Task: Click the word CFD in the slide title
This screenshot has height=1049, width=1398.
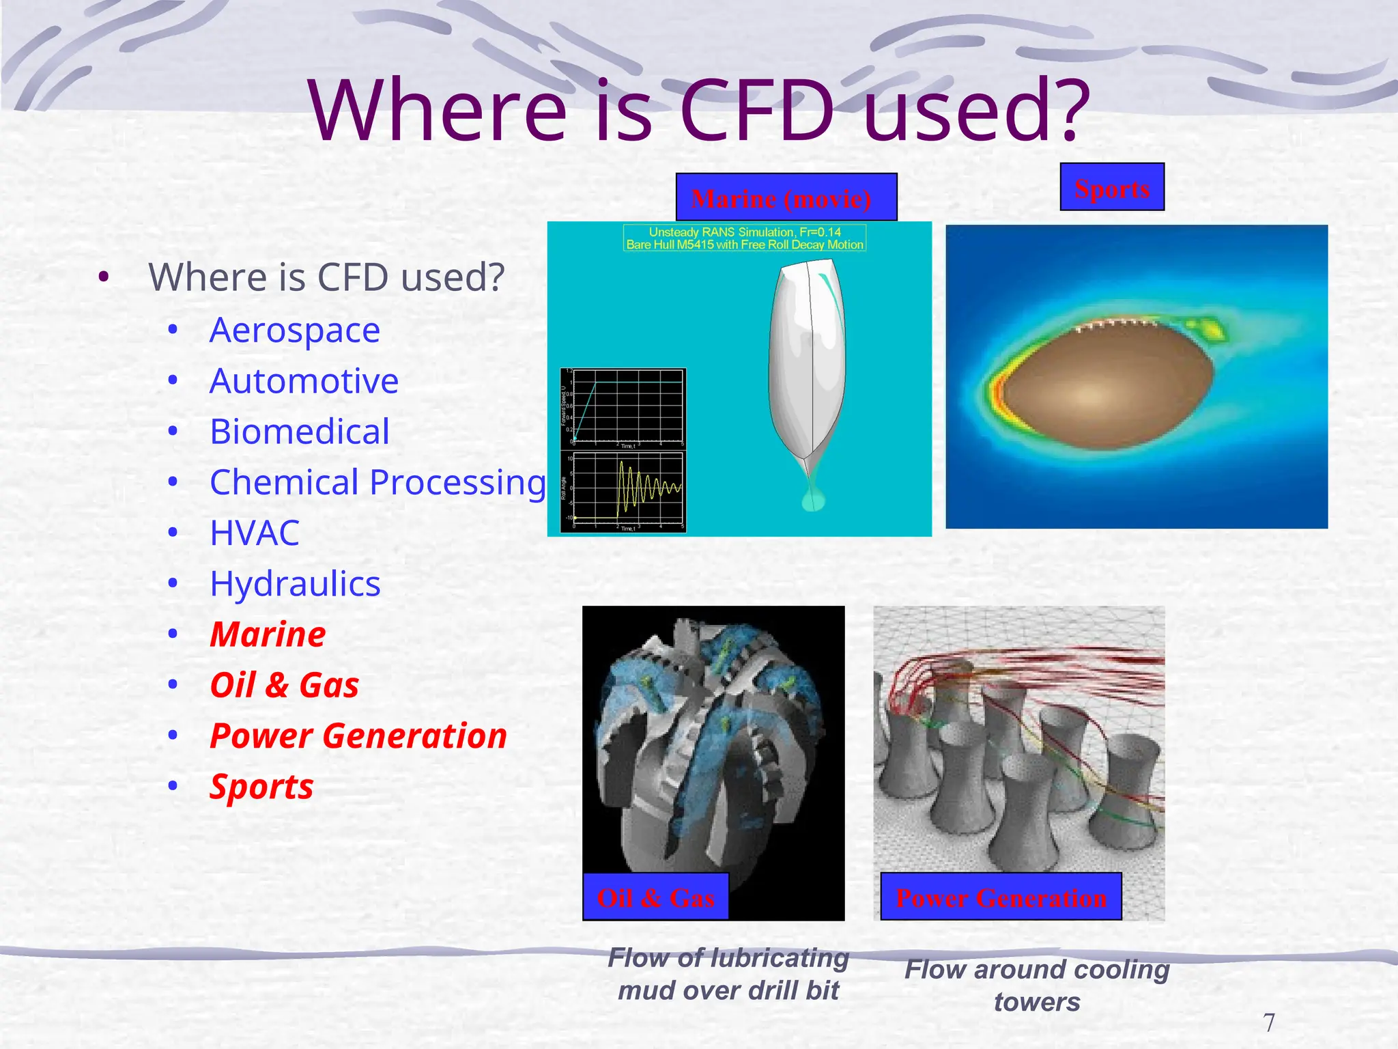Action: [758, 111]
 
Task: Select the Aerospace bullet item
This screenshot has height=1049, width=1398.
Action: [294, 331]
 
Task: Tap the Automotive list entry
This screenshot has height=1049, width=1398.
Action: [304, 381]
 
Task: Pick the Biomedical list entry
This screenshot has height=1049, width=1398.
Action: [300, 432]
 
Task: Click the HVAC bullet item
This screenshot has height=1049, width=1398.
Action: [254, 533]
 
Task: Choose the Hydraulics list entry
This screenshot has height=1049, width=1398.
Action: [295, 585]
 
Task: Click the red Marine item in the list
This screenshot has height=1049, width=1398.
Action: [268, 634]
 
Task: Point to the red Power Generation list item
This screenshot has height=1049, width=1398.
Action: [358, 736]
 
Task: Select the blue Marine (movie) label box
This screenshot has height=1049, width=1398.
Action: [786, 198]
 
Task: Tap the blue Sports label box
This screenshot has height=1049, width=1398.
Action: [1112, 188]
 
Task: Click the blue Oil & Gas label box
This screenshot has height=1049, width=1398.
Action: [655, 897]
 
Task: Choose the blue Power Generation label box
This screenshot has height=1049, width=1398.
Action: [1001, 897]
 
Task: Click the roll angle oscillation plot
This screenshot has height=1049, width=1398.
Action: [623, 490]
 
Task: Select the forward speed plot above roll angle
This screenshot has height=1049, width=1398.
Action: [623, 408]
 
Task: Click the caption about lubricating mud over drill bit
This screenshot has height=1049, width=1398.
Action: [728, 974]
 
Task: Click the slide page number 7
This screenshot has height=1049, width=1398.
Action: [1268, 1022]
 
